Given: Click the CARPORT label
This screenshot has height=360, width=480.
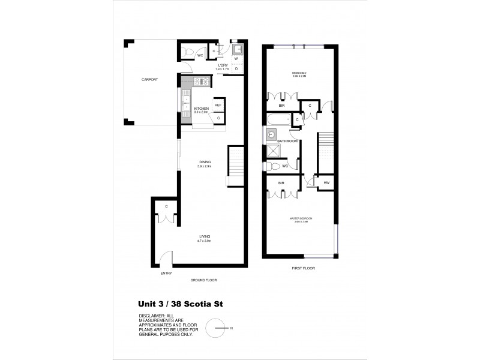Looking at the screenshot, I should point(149,79).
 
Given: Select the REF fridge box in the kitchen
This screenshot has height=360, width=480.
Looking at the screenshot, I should point(218,106).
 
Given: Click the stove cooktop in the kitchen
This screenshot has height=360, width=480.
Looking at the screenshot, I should point(200,82).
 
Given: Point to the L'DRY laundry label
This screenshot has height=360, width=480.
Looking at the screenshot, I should point(223,67).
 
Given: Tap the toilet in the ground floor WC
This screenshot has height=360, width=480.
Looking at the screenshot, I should point(187,52).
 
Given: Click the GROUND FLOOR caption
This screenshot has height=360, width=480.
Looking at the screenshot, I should point(203,280).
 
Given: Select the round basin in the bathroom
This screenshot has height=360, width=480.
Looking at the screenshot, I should point(271,134).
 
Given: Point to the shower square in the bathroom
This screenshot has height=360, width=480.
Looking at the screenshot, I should point(272,151).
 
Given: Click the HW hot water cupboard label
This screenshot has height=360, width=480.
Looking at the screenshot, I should point(326,182).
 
